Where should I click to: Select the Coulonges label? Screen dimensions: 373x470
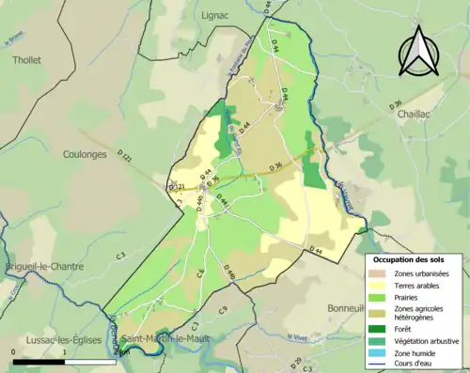pos(85,154)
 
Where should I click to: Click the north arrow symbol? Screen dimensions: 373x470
pos(416,52)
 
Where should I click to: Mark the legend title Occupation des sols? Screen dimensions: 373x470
pos(409,259)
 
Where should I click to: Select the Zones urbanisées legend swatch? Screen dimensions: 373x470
pos(380,273)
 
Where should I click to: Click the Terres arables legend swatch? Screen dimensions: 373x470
pos(380,285)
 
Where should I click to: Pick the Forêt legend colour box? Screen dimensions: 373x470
pos(380,328)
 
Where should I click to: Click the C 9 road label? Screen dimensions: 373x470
pos(223,309)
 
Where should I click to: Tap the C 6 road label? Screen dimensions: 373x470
pos(200,273)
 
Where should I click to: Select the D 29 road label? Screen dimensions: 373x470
pos(296,363)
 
